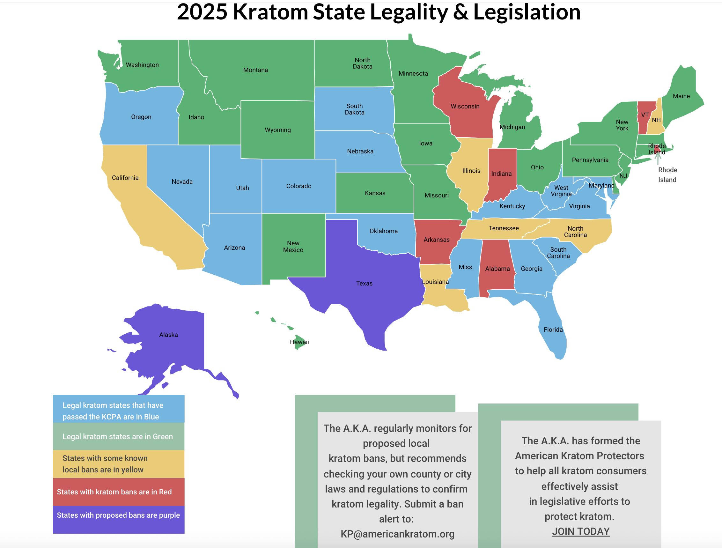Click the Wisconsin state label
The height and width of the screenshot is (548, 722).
(x=465, y=107)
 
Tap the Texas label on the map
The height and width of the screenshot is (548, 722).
(x=364, y=283)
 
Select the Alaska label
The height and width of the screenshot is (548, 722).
(x=168, y=335)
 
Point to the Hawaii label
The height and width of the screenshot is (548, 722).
(x=299, y=342)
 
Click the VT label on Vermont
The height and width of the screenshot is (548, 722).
(x=645, y=115)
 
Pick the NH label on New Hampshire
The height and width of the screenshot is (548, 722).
(x=656, y=120)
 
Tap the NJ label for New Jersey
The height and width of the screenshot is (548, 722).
(x=623, y=176)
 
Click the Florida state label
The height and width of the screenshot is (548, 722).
(x=553, y=330)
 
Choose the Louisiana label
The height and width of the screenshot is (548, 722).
(x=435, y=282)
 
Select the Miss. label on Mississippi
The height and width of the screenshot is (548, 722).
(x=466, y=267)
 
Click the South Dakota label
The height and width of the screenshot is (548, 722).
(x=355, y=109)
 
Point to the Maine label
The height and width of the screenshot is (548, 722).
(x=681, y=96)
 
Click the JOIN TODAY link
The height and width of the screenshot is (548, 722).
(x=581, y=531)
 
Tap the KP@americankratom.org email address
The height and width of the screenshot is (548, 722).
(x=397, y=534)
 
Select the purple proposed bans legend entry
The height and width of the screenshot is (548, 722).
(x=119, y=516)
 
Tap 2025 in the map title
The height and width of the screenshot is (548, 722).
(x=202, y=12)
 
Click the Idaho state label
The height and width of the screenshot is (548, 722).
(x=196, y=117)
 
